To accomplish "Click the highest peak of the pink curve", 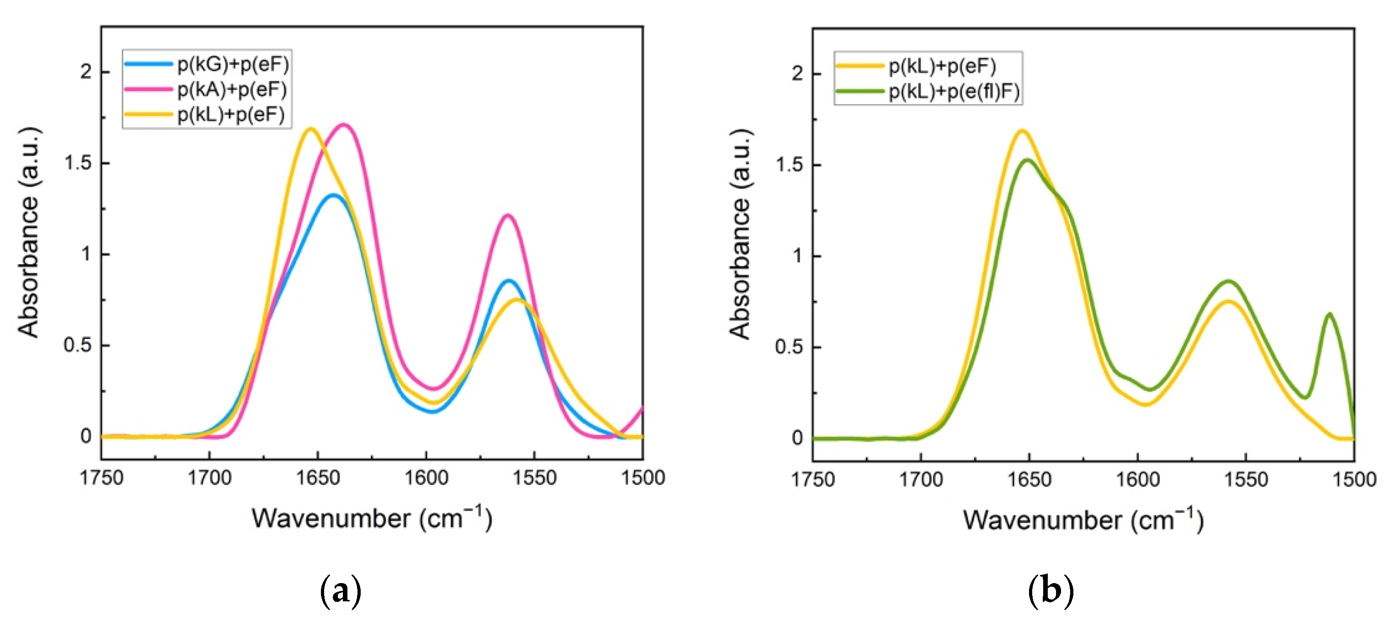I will (x=344, y=125).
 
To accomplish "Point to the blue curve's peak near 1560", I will (x=508, y=280).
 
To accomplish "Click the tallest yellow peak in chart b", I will (x=1022, y=131).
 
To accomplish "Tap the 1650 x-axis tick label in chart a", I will (x=318, y=478).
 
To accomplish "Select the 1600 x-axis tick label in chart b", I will (x=1137, y=479).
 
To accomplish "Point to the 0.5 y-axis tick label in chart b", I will (x=789, y=347).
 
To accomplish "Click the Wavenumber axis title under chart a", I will (x=372, y=518).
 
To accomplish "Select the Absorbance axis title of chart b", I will (x=740, y=234).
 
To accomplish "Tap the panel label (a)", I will (x=340, y=591).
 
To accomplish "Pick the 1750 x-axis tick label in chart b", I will (x=813, y=479).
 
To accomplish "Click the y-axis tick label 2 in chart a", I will (x=86, y=72).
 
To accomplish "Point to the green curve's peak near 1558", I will (x=1229, y=281).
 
